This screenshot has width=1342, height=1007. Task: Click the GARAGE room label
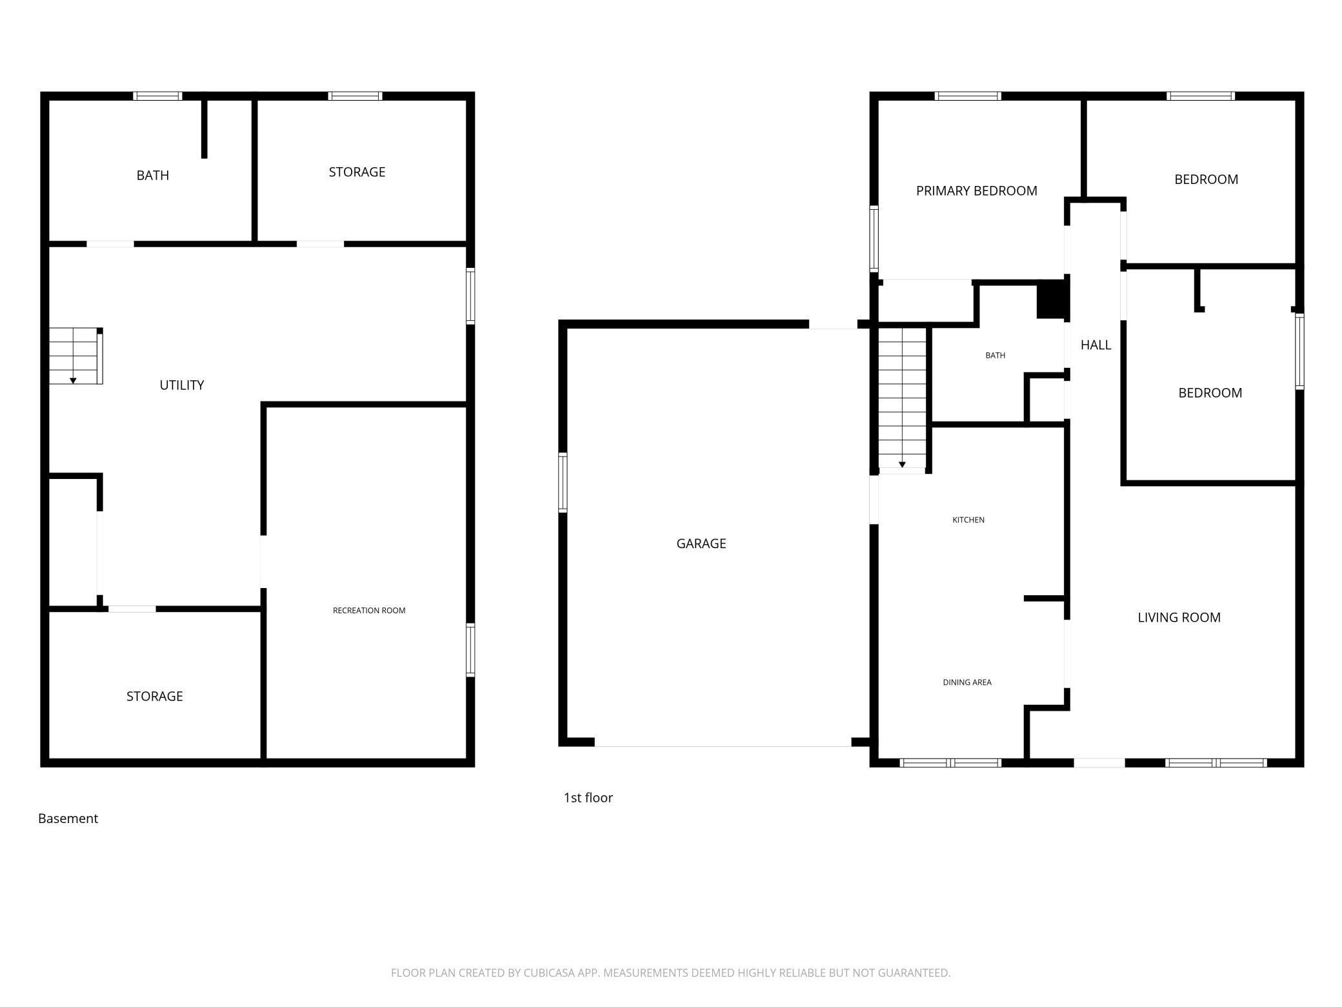[701, 544]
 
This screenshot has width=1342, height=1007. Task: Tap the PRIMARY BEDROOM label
[976, 190]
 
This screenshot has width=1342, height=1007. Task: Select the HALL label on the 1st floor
[1096, 345]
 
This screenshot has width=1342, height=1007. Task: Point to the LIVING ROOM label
[1179, 617]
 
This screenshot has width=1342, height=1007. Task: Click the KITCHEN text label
[968, 520]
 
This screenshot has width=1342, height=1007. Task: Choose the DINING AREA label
[967, 682]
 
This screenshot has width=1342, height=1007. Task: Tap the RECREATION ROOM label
[369, 610]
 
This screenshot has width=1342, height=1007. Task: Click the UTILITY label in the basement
[182, 385]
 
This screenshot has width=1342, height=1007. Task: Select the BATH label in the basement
[153, 175]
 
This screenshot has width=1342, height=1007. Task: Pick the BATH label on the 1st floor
[995, 355]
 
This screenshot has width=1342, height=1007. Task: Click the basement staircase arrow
[74, 381]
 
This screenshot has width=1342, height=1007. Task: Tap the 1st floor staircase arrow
[902, 464]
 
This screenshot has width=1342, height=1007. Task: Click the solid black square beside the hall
[1050, 299]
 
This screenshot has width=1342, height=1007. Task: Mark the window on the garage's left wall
[563, 483]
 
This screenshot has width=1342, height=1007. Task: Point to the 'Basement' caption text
[68, 819]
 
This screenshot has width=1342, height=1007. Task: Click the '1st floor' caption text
[588, 798]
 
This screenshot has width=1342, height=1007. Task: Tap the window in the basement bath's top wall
[157, 96]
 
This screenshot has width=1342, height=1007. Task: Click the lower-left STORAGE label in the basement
[155, 696]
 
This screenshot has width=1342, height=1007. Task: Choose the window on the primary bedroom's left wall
[874, 239]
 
